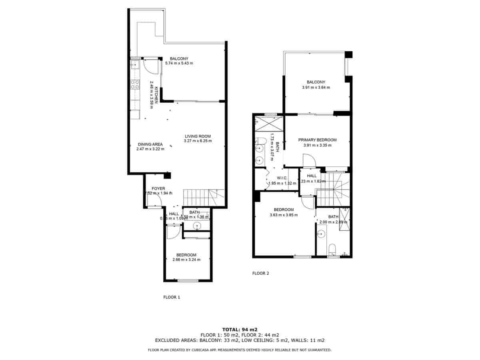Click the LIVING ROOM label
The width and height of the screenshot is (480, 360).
[198, 136]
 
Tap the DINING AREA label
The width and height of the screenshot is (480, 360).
[150, 144]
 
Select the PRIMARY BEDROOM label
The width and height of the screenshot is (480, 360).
[317, 140]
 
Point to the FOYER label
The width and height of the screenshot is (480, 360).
[158, 188]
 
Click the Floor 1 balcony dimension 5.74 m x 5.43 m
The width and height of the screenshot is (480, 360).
[179, 63]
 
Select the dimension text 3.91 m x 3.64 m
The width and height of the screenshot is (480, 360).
[316, 87]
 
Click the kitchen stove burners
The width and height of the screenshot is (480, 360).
[135, 84]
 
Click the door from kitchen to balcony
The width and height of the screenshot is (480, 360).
[149, 66]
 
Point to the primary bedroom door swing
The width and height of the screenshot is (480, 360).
[309, 161]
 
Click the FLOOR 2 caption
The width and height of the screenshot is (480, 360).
[260, 274]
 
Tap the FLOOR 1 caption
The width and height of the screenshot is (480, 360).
[172, 297]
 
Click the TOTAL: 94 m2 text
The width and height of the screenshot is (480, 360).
[240, 329]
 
